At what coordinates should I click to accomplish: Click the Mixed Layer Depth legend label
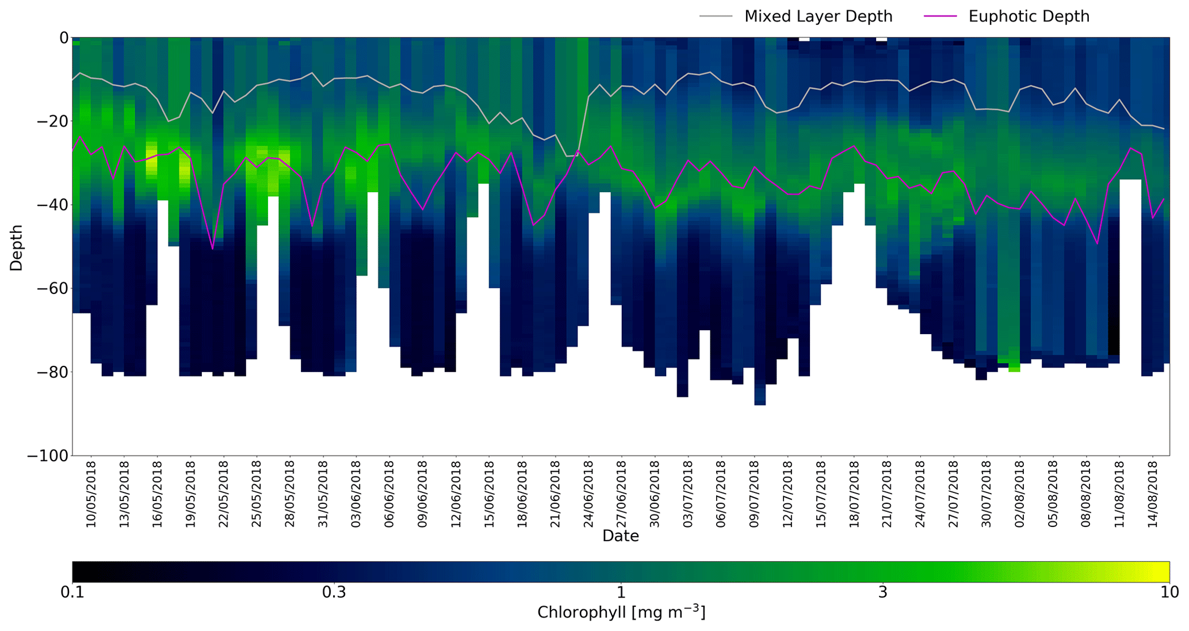(x=818, y=17)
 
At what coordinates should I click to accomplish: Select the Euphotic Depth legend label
(x=1029, y=17)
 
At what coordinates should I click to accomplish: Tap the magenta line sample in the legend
(x=940, y=17)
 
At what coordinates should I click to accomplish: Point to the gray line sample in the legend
(x=716, y=17)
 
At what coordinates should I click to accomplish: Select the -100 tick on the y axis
(x=48, y=456)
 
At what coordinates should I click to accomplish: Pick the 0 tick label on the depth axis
(x=63, y=38)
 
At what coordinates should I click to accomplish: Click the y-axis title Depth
(x=16, y=247)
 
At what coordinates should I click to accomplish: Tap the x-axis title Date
(x=620, y=536)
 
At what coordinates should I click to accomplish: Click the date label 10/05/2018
(x=91, y=494)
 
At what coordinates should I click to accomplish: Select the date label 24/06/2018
(x=588, y=494)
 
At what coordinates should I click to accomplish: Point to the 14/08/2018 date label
(x=1152, y=494)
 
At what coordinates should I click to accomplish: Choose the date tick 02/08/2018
(x=1020, y=494)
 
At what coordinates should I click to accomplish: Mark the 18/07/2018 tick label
(x=854, y=494)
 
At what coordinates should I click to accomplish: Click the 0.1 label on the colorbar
(x=72, y=592)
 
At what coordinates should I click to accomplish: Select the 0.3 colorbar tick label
(x=334, y=592)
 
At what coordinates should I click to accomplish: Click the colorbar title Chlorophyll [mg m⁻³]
(x=621, y=612)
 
